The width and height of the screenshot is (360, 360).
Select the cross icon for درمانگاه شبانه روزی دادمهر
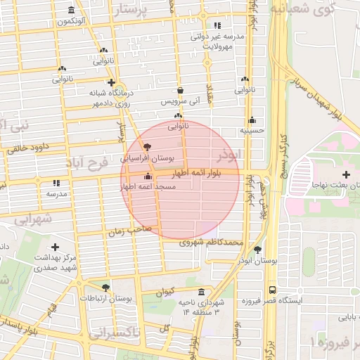[111, 82]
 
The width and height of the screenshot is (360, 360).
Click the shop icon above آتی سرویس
[181, 91]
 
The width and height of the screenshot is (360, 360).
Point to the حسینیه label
[251, 130]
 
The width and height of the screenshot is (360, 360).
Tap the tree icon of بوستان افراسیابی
[146, 147]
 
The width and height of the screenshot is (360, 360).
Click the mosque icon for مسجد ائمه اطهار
[147, 176]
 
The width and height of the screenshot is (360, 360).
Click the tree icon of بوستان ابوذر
[257, 250]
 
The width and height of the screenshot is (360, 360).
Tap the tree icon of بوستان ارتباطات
[105, 288]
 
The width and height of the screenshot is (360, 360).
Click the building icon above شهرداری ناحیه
[202, 292]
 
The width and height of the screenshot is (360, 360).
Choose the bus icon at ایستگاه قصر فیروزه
[272, 289]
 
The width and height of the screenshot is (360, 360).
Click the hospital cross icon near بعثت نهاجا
[345, 174]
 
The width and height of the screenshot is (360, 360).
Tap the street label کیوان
[165, 292]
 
